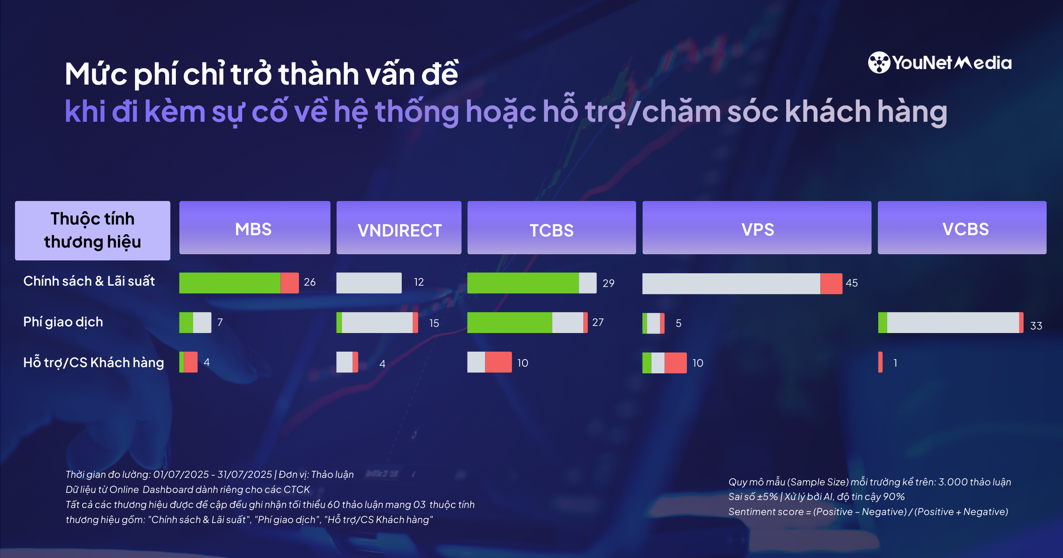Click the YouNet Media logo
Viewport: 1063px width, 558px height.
point(939,63)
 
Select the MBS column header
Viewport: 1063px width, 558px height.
point(254,229)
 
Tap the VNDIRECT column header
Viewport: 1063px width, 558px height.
point(399,229)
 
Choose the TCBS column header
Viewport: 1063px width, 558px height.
point(551,229)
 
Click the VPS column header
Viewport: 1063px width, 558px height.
point(757,229)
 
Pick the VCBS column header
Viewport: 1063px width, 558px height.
point(962,229)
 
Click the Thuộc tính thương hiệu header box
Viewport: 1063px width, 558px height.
point(93,230)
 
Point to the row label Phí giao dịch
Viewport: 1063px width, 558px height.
point(63,322)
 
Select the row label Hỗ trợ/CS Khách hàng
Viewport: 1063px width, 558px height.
point(93,363)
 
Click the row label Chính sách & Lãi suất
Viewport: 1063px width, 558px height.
point(89,281)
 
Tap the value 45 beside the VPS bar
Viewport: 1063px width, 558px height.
point(851,283)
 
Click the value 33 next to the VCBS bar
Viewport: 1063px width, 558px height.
point(1036,326)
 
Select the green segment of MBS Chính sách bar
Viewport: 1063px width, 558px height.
point(229,283)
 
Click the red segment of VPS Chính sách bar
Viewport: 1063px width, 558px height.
point(831,283)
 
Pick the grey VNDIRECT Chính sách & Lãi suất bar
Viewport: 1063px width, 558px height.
point(369,283)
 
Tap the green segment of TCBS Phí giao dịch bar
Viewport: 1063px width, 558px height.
point(509,322)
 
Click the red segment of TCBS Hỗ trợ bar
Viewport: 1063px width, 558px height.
point(498,362)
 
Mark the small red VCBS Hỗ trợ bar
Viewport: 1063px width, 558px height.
point(880,362)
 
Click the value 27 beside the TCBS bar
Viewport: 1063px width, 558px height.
point(597,322)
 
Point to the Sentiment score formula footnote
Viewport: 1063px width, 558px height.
point(868,512)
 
